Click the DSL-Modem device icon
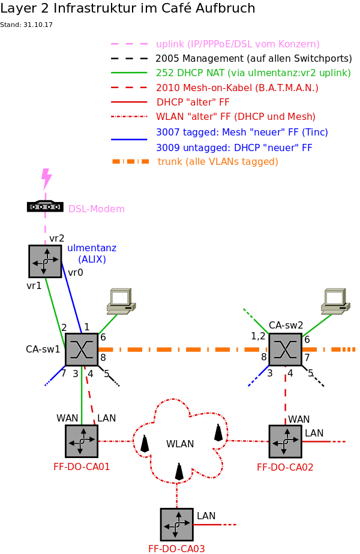(x=45, y=206)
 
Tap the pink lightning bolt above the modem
(x=46, y=179)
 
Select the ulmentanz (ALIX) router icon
(x=45, y=261)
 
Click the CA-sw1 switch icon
(x=81, y=350)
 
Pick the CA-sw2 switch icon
(x=285, y=350)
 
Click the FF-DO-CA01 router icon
(x=81, y=441)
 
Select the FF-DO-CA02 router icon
(x=285, y=441)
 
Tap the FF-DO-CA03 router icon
(x=176, y=524)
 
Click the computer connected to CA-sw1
(x=121, y=301)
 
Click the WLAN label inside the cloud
(x=180, y=444)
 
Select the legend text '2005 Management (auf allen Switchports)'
(x=253, y=59)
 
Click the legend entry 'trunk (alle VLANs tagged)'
(x=218, y=162)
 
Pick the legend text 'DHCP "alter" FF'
(x=193, y=103)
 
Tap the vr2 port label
(x=57, y=239)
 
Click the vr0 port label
(x=76, y=273)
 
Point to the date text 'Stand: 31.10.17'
(x=26, y=25)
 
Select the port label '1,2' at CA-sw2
(x=258, y=336)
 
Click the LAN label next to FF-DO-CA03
(x=206, y=516)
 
